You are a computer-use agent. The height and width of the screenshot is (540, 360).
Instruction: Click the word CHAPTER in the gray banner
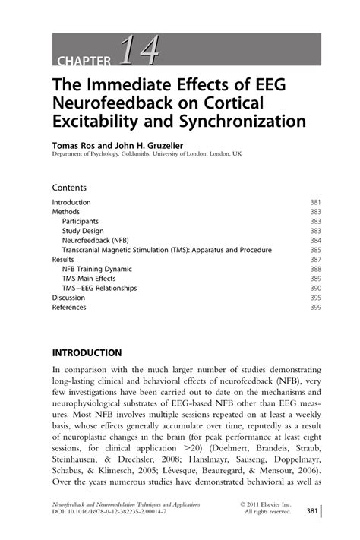(x=84, y=62)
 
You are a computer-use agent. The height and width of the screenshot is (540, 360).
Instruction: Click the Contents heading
(x=69, y=187)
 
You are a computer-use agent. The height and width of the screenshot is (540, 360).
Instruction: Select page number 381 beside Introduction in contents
(x=316, y=203)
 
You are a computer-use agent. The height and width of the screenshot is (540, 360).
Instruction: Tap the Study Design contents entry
(x=84, y=231)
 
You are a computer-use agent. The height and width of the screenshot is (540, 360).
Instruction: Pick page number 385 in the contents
(x=316, y=250)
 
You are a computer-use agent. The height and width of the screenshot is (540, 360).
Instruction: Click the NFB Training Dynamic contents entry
(x=96, y=269)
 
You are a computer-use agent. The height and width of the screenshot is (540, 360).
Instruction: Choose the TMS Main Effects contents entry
(x=90, y=279)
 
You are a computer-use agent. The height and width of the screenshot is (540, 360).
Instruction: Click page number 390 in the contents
(x=316, y=289)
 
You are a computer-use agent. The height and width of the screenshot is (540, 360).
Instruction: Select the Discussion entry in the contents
(x=68, y=298)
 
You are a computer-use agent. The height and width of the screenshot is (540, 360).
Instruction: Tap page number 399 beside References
(x=316, y=308)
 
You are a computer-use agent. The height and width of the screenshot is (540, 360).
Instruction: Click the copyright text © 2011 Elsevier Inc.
(x=265, y=504)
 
